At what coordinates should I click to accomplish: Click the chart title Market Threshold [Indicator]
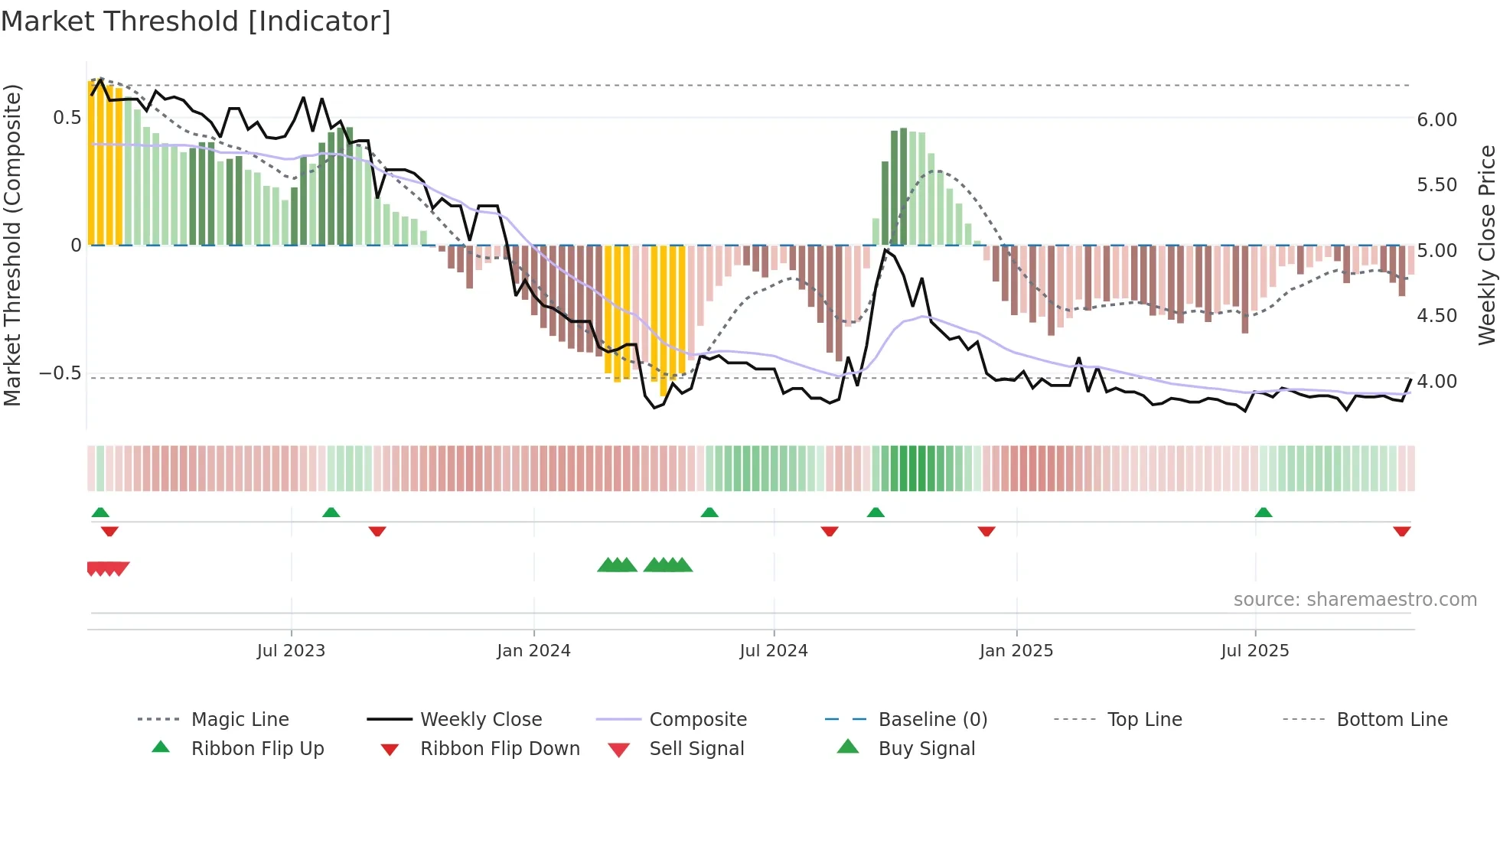[x=196, y=21]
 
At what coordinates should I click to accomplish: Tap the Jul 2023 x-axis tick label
[x=291, y=651]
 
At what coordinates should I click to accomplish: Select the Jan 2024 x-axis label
[x=533, y=651]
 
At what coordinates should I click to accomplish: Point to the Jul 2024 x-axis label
[x=774, y=651]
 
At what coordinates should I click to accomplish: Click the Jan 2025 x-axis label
[x=1016, y=651]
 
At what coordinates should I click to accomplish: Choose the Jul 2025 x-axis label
[x=1255, y=651]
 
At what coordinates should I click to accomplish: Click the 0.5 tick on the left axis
[x=67, y=118]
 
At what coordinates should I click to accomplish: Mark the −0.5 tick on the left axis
[x=60, y=373]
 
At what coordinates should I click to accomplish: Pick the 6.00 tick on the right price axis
[x=1437, y=120]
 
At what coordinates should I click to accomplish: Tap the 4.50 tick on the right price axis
[x=1437, y=316]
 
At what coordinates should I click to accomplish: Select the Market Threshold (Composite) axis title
[x=12, y=245]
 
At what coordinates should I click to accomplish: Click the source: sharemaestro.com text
[x=1355, y=600]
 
